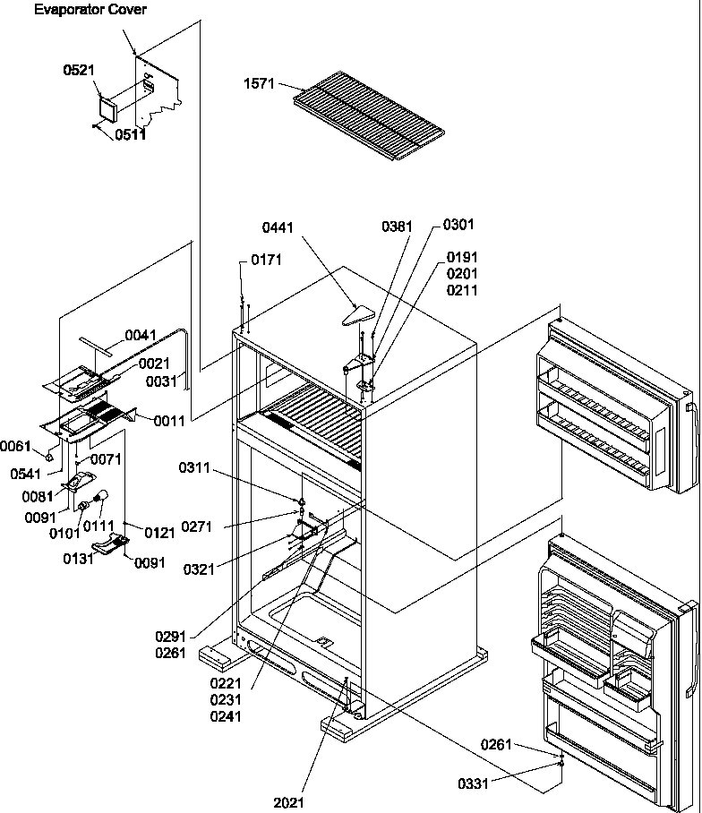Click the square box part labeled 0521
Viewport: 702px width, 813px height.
point(109,107)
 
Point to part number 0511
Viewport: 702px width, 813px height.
point(129,135)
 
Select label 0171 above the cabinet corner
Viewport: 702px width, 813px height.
point(265,260)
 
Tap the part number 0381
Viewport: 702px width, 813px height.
point(397,227)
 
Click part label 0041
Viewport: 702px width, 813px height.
point(141,335)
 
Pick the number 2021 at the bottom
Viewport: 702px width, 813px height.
point(288,802)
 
